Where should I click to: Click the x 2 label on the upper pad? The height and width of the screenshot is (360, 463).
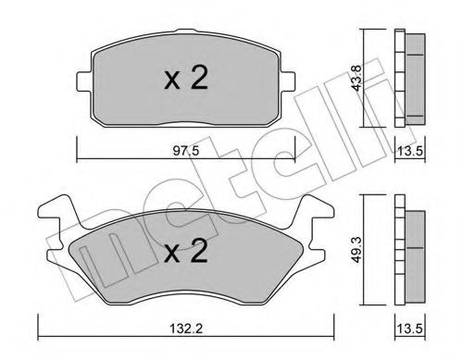tap(184, 80)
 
